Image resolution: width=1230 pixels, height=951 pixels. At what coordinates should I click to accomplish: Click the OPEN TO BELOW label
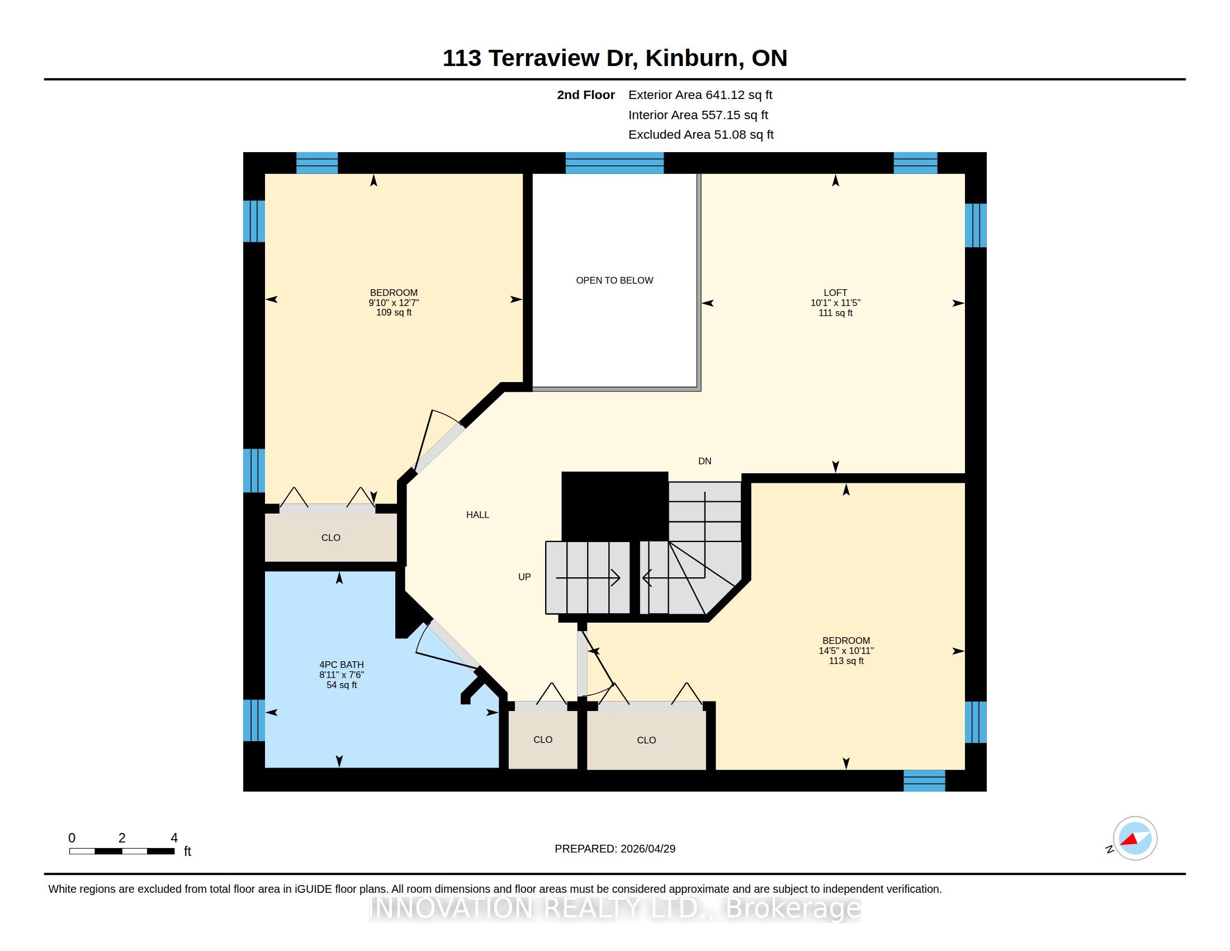(x=614, y=281)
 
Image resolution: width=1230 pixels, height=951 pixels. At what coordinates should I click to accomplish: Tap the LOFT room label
(x=835, y=293)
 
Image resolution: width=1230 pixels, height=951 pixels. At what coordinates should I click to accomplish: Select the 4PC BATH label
(x=341, y=665)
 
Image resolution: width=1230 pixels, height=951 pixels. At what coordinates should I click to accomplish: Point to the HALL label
(x=477, y=515)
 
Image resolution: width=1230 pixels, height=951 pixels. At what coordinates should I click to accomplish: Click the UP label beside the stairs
(x=524, y=577)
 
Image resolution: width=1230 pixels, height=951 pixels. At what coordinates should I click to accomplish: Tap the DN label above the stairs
(x=704, y=462)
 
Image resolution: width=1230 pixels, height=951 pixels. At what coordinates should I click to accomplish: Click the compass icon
(x=1134, y=839)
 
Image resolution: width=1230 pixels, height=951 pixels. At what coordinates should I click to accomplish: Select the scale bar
(x=122, y=851)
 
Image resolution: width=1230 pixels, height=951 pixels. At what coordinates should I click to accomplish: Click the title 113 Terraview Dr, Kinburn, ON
(x=615, y=58)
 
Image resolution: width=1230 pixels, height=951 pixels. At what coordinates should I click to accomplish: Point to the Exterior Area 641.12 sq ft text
(x=700, y=95)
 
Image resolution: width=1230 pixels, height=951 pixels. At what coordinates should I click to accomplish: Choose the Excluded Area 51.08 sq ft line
(x=701, y=135)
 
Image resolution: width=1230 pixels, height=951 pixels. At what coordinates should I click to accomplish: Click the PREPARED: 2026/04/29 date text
(x=615, y=849)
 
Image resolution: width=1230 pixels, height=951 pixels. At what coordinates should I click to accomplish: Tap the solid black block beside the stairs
(x=615, y=506)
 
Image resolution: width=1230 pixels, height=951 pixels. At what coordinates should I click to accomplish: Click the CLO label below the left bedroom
(x=330, y=538)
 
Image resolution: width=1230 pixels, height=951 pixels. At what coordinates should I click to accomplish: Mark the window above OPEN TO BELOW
(x=614, y=163)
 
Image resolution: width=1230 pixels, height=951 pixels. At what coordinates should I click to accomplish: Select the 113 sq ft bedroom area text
(x=846, y=661)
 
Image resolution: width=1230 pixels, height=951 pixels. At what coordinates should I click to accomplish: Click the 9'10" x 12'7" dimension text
(x=394, y=303)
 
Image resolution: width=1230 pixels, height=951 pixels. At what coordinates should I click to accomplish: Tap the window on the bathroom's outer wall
(x=254, y=720)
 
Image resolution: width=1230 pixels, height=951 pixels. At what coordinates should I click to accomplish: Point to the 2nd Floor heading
(x=586, y=95)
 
